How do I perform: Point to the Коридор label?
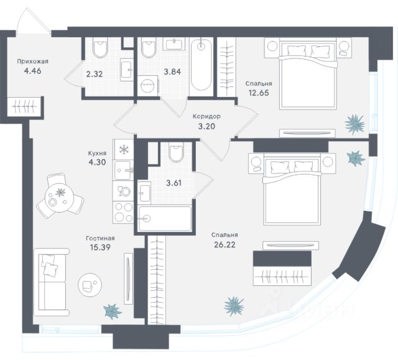tap(206, 116)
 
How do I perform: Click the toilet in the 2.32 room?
tap(99, 49)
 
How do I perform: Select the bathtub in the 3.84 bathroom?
tap(201, 65)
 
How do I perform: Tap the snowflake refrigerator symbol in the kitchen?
tap(123, 150)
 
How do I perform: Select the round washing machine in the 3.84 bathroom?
tap(147, 86)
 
